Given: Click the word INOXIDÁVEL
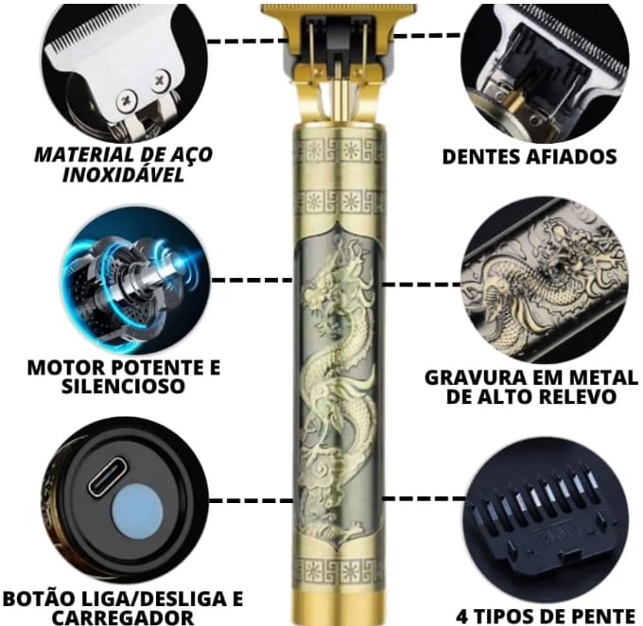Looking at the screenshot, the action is pyautogui.click(x=123, y=175).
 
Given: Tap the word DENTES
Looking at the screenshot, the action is pyautogui.click(x=479, y=157).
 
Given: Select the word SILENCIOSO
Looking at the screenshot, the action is pyautogui.click(x=123, y=386).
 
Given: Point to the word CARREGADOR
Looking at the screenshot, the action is pyautogui.click(x=123, y=617).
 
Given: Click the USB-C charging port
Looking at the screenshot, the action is pyautogui.click(x=107, y=476).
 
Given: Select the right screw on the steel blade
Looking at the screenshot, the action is pyautogui.click(x=160, y=80).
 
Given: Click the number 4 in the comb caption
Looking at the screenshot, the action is pyautogui.click(x=462, y=617).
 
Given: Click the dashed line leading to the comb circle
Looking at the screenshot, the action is pyautogui.click(x=424, y=499).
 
